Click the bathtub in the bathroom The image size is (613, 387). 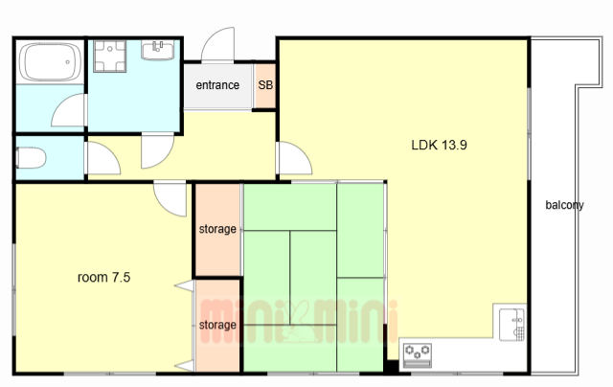pyautogui.click(x=50, y=61)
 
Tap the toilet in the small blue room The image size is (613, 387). pyautogui.click(x=32, y=158)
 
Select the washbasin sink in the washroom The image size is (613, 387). pyautogui.click(x=157, y=50)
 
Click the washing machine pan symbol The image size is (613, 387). pyautogui.click(x=110, y=57)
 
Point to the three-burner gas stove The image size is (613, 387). pyautogui.click(x=418, y=355)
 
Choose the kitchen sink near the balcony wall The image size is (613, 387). pyautogui.click(x=512, y=325)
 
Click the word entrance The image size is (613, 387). pyautogui.click(x=217, y=85)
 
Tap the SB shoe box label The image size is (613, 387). pyautogui.click(x=265, y=85)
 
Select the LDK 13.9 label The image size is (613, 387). pyautogui.click(x=439, y=145)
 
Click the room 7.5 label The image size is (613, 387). pyautogui.click(x=104, y=277)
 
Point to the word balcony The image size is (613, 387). pyautogui.click(x=564, y=205)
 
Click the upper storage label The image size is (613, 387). pyautogui.click(x=217, y=229)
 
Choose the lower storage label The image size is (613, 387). pyautogui.click(x=217, y=325)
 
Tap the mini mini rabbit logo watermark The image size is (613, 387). pyautogui.click(x=299, y=322)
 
